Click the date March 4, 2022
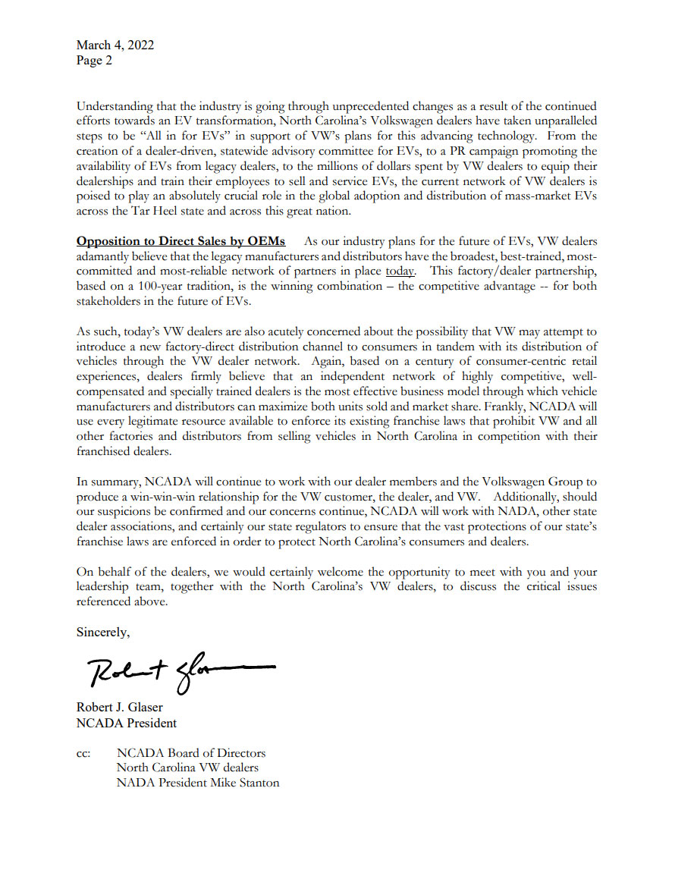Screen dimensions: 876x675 115,45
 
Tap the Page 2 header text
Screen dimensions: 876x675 94,61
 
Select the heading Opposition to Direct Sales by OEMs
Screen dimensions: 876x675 181,241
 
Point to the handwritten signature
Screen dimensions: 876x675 174,670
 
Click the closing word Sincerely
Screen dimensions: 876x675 103,631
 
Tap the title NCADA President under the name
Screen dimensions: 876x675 127,723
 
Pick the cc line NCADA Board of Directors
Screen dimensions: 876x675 191,753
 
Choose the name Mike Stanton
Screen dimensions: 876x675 248,783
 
